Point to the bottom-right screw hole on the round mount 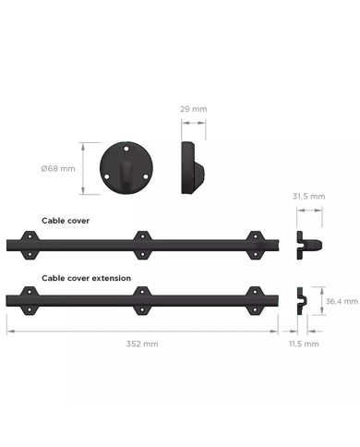point(142,177)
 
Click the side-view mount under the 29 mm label point(191,167)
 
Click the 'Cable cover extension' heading point(86,277)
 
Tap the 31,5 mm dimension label point(309,196)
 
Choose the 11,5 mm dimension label point(304,343)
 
